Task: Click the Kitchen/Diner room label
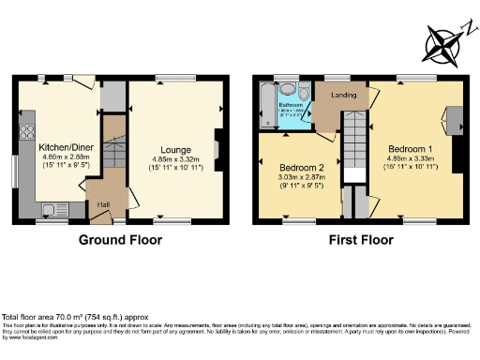pos(59,146)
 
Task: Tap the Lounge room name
pos(175,149)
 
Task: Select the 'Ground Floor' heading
pos(120,240)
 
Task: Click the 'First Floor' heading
pos(360,240)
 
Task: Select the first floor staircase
pos(353,141)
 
